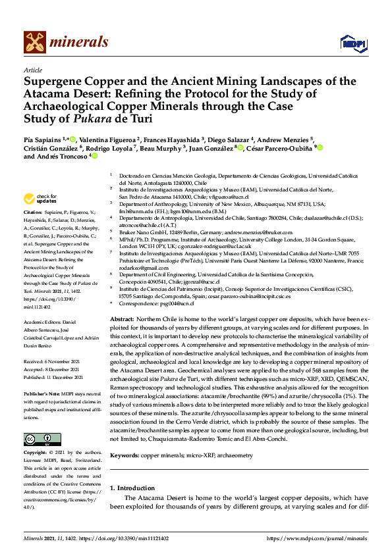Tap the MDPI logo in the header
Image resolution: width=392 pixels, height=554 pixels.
(x=349, y=43)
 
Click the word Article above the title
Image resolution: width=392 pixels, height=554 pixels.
(x=33, y=70)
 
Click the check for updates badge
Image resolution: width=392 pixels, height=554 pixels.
(x=40, y=198)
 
